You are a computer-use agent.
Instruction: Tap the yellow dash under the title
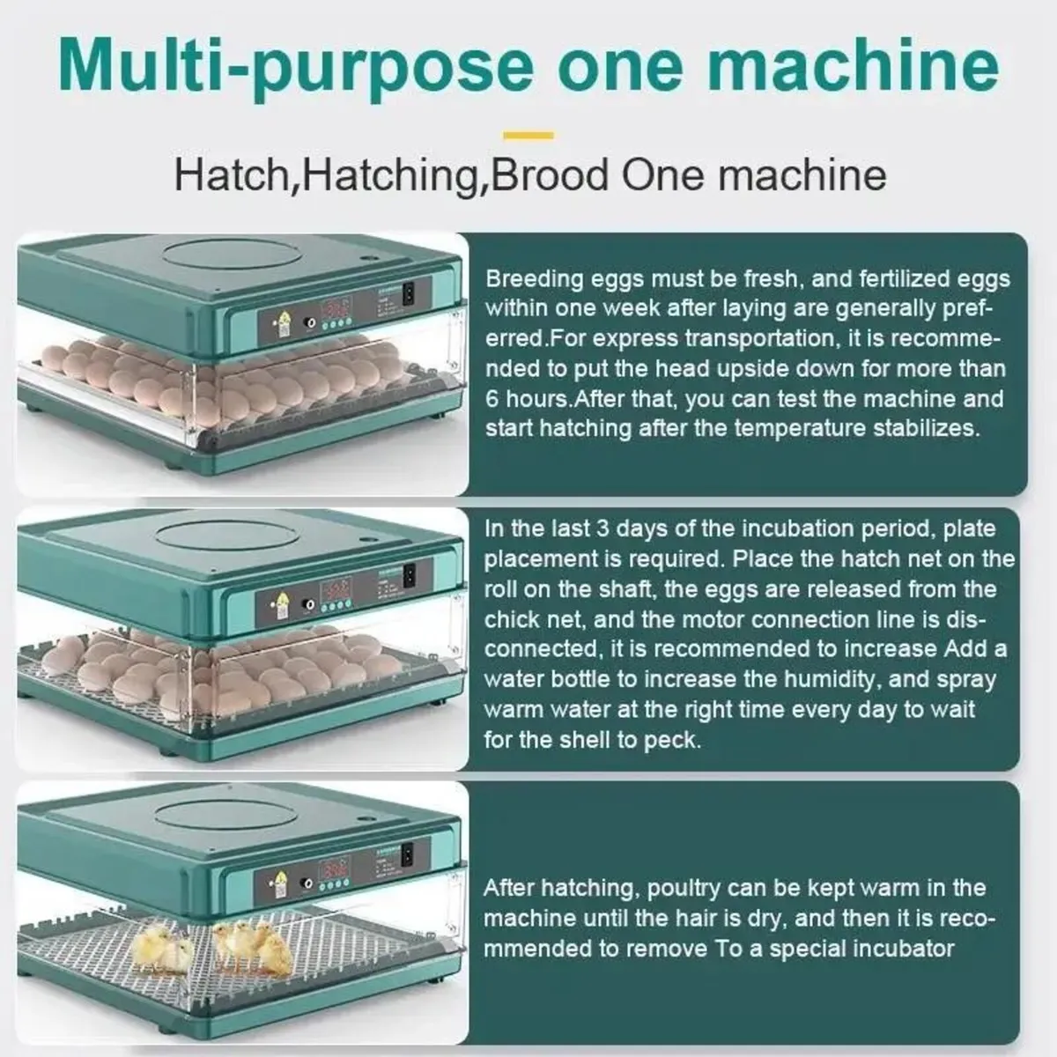pyautogui.click(x=528, y=136)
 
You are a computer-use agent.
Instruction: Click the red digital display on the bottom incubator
pyautogui.click(x=336, y=868)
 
